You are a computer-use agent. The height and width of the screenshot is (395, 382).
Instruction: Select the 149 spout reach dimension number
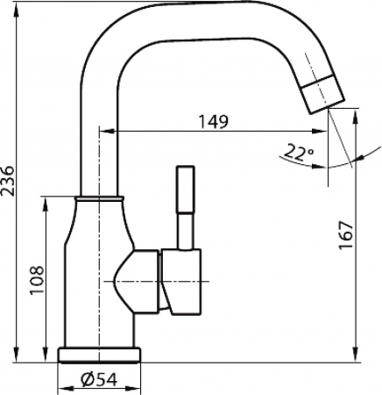click(x=213, y=121)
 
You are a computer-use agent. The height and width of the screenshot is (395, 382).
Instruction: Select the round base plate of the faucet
click(x=99, y=355)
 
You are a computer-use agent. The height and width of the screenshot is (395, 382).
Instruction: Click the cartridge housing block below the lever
click(x=181, y=281)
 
